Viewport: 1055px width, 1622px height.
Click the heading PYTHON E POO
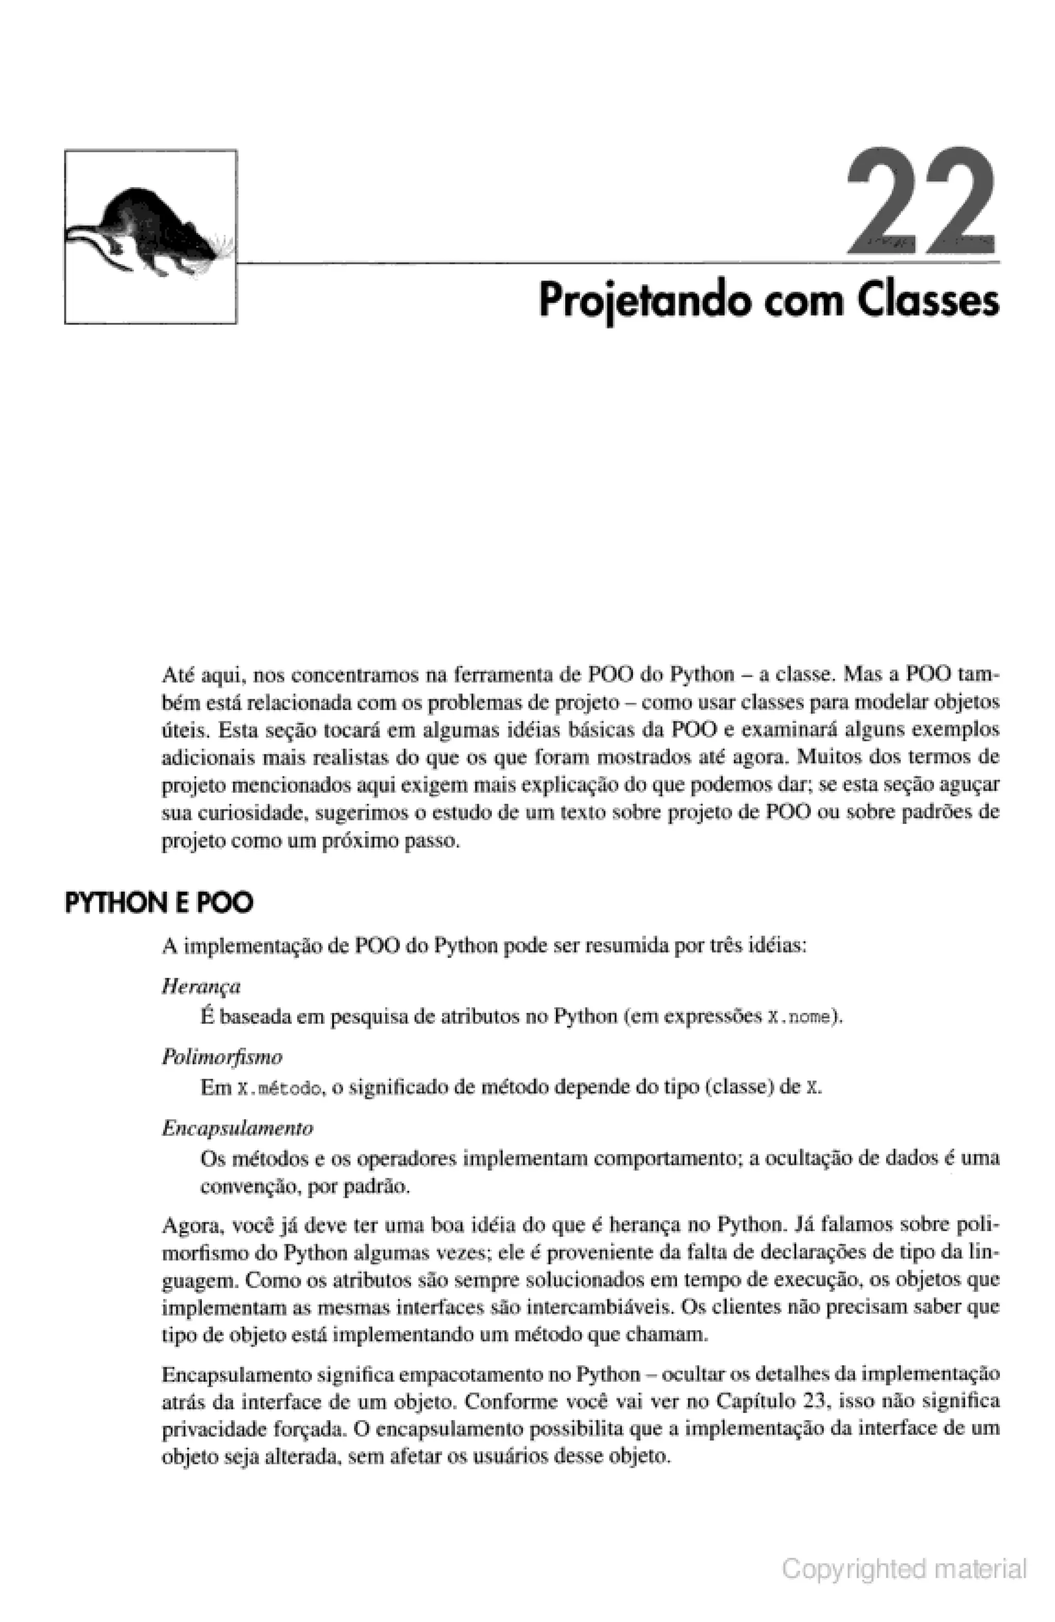pos(159,903)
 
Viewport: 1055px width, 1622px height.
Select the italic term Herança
pos(201,986)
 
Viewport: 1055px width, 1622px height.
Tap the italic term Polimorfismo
pos(222,1057)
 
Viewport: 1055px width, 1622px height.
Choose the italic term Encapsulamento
pos(237,1128)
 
